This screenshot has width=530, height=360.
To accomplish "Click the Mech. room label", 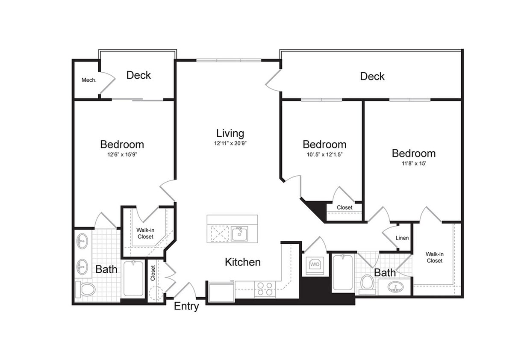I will pyautogui.click(x=89, y=80).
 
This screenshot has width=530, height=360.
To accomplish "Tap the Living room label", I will pyautogui.click(x=230, y=133).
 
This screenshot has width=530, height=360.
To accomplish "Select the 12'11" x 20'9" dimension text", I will pyautogui.click(x=230, y=144).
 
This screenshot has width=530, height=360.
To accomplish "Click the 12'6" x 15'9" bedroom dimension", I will pyautogui.click(x=122, y=155).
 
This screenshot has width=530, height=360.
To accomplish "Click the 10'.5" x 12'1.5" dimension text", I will pyautogui.click(x=324, y=155).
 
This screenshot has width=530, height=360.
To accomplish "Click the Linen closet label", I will pyautogui.click(x=402, y=238).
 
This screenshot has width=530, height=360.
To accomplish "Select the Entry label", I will pyautogui.click(x=186, y=306).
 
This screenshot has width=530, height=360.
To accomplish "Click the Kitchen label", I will pyautogui.click(x=243, y=262).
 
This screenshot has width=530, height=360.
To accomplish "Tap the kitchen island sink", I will pyautogui.click(x=240, y=234).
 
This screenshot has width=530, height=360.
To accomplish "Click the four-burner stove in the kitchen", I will pyautogui.click(x=265, y=289).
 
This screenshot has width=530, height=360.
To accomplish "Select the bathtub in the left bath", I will pyautogui.click(x=133, y=278).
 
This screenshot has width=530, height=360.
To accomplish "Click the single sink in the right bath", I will pyautogui.click(x=395, y=287).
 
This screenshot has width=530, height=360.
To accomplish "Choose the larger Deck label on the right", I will pyautogui.click(x=372, y=76).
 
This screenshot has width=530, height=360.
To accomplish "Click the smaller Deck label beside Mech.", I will pyautogui.click(x=138, y=75).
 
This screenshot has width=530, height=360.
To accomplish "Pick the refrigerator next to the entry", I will pyautogui.click(x=221, y=292).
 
